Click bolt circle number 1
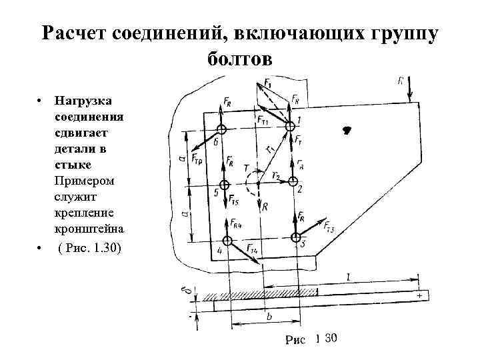[x=291, y=125]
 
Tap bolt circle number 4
[x=228, y=241]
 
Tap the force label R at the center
[x=265, y=207]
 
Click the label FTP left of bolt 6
[x=199, y=159]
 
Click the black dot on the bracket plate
[x=347, y=131]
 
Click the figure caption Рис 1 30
[x=311, y=339]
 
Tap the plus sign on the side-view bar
[x=419, y=294]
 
